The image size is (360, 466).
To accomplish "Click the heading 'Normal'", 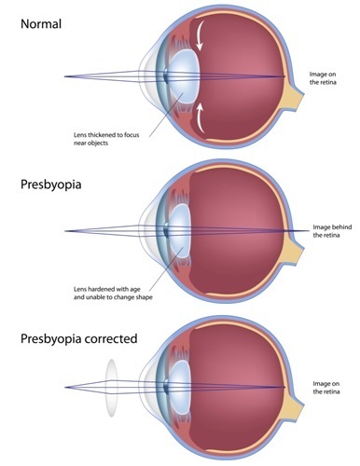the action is (x=41, y=24).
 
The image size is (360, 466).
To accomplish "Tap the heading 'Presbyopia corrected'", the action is (x=79, y=338).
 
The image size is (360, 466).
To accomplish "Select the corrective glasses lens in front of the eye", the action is (x=111, y=388).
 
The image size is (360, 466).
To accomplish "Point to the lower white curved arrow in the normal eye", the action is (x=201, y=118).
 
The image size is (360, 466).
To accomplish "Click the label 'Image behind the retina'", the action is (x=332, y=231).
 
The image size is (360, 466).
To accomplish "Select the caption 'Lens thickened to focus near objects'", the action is (x=106, y=139).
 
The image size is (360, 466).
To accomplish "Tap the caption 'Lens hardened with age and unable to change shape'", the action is (x=113, y=293).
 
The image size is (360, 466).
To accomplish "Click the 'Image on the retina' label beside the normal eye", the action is (x=323, y=78).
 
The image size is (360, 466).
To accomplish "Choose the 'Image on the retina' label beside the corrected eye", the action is (x=326, y=388).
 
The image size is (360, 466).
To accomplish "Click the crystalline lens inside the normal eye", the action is (x=185, y=76).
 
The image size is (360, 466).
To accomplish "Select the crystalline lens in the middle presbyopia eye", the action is (x=179, y=231).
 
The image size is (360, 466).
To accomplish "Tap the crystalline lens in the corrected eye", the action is (x=179, y=388).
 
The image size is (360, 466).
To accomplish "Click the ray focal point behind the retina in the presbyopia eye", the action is (x=309, y=231).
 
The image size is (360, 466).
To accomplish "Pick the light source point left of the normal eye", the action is (x=64, y=76).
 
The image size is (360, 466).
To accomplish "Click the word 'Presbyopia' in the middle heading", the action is (x=51, y=185).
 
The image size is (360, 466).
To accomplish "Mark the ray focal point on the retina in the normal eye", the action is (x=284, y=76).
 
